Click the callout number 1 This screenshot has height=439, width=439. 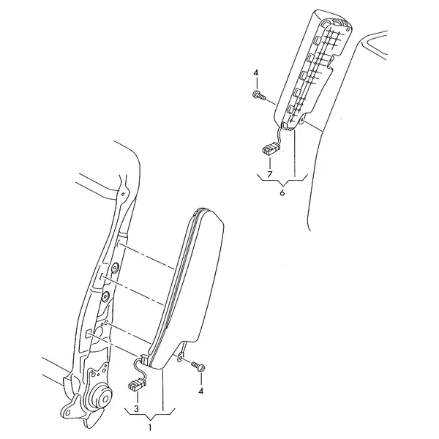click(150, 427)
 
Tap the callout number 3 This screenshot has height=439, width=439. click(136, 409)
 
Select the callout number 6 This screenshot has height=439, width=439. click(282, 192)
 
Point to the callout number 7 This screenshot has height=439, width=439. click(269, 174)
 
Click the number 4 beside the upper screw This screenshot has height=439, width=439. click(256, 73)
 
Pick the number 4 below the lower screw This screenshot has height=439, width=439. click(200, 391)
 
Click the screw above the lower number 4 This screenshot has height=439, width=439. click(198, 367)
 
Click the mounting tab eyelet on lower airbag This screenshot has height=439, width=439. click(181, 359)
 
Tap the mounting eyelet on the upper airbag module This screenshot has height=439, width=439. click(301, 121)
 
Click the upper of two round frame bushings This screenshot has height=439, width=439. click(115, 268)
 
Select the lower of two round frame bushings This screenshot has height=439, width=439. click(106, 296)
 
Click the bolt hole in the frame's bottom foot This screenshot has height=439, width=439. click(67, 413)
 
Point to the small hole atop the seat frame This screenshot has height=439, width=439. click(122, 194)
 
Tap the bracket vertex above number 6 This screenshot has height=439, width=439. click(282, 185)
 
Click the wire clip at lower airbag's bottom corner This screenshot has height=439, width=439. click(143, 359)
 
